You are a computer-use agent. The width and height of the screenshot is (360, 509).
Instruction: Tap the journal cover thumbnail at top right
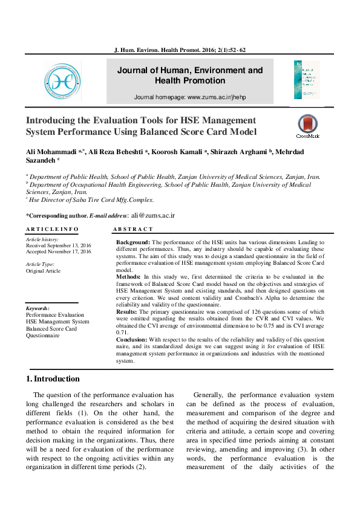tap(307, 80)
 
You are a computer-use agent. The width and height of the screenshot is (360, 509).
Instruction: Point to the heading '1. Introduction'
tap(53, 379)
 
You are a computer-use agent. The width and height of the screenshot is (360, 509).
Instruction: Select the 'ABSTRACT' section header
tap(133, 230)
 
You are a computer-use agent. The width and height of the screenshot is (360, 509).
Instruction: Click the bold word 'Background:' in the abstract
tap(133, 242)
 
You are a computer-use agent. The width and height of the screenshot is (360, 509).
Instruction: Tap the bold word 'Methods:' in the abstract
tap(128, 276)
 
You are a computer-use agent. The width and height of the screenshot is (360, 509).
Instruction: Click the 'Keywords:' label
tap(38, 308)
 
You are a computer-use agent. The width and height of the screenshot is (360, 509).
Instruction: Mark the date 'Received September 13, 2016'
tap(57, 245)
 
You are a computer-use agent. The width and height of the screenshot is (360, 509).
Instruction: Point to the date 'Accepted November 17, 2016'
tap(58, 251)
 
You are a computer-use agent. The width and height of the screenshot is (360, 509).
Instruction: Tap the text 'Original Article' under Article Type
tap(43, 271)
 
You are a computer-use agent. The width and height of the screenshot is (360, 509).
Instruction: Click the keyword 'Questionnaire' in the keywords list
tap(42, 335)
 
